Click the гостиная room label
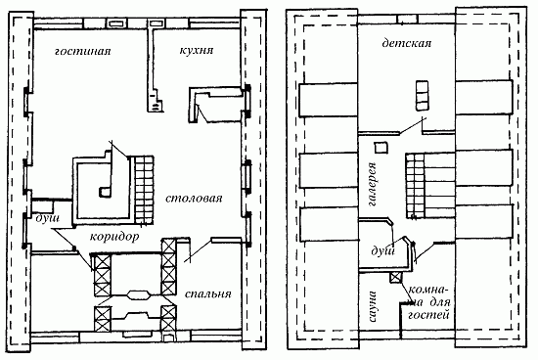83,52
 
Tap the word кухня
197,51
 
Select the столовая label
194,199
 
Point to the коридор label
114,237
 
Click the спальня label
208,294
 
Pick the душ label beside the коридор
48,219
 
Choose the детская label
407,44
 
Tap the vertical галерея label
373,184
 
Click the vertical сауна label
373,307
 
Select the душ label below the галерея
383,251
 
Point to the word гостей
428,315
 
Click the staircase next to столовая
143,190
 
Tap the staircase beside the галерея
416,186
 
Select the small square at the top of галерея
381,148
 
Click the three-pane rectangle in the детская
423,96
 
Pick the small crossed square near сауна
395,277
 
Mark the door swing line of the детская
413,126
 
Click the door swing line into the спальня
199,251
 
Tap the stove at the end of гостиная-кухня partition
157,101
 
